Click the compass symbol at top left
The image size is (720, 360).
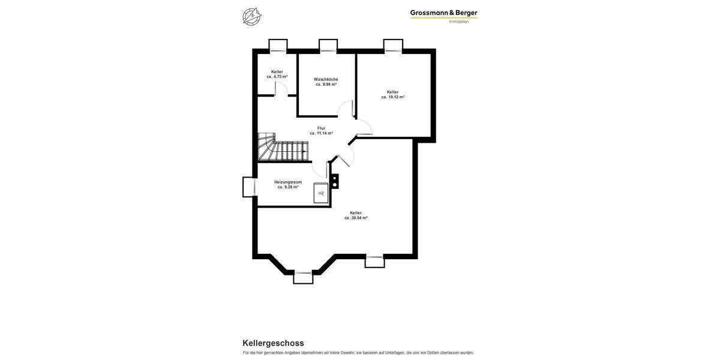tap(251, 16)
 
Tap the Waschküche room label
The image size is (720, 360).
tap(326, 79)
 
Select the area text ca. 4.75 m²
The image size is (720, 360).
tap(277, 77)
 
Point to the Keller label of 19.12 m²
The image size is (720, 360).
tap(392, 92)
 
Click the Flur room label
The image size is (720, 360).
tap(321, 128)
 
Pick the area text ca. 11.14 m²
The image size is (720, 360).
tap(321, 133)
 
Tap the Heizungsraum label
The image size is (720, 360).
tap(288, 182)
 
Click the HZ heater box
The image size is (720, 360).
tap(321, 193)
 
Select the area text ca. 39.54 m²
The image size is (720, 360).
tap(356, 218)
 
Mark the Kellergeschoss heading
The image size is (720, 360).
tap(273, 343)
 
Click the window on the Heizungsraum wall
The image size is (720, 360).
tap(249, 187)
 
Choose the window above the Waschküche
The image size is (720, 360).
tap(328, 46)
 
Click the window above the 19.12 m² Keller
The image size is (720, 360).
tap(393, 46)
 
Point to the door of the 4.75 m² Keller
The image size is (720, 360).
tap(278, 89)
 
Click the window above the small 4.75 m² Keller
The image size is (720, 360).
tap(278, 46)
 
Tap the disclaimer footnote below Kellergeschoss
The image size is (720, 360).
tap(358, 353)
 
